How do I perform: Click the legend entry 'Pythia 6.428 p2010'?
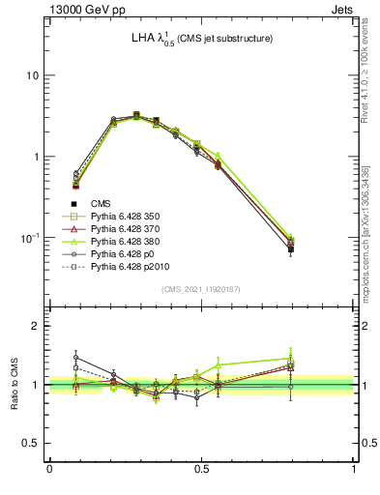[x=129, y=278]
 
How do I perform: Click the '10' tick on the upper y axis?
[x=32, y=75]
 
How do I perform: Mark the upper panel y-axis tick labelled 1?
[x=35, y=157]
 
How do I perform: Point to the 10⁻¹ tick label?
[x=29, y=238]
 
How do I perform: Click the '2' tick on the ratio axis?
[x=36, y=326]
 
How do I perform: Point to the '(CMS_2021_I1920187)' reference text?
[x=201, y=288]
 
